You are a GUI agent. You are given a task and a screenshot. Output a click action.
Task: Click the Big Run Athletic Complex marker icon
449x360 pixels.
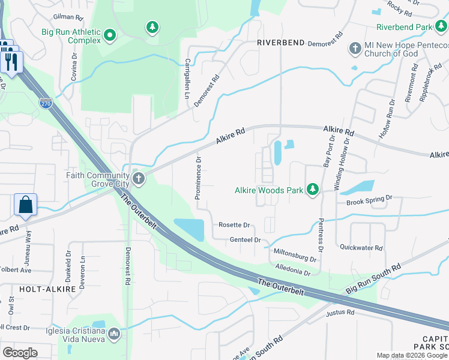pyautogui.click(x=109, y=36)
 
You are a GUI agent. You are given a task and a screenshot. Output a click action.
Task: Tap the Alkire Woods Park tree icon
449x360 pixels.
pyautogui.click(x=312, y=190)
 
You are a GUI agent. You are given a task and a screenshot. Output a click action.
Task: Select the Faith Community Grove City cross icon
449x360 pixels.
pyautogui.click(x=139, y=178)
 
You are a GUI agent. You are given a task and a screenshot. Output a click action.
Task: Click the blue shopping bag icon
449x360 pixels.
pyautogui.click(x=26, y=205)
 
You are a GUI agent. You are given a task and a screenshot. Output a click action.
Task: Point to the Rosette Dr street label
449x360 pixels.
pyautogui.click(x=234, y=225)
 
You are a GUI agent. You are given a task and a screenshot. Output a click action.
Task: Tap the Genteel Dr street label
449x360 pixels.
pyautogui.click(x=245, y=240)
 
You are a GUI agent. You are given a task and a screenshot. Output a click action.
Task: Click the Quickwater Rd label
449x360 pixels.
pyautogui.click(x=361, y=247)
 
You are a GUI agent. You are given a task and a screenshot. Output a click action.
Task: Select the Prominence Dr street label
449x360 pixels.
pyautogui.click(x=197, y=178)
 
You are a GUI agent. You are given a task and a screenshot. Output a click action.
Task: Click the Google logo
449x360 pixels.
pyautogui.click(x=20, y=352)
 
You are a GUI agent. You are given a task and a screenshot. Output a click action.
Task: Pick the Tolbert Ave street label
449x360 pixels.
pyautogui.click(x=16, y=270)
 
